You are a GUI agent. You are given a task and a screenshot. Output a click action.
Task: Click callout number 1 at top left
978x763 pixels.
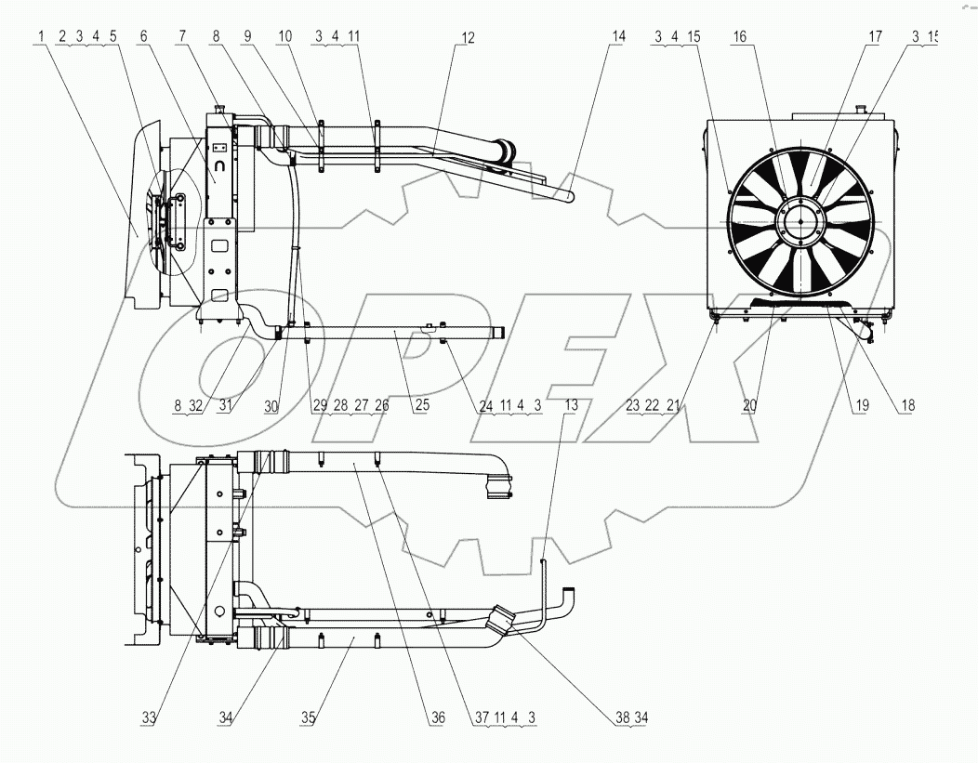(x=42, y=36)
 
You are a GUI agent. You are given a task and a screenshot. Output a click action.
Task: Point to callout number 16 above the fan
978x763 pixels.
(x=739, y=36)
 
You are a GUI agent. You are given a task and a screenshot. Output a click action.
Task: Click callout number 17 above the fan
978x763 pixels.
(x=875, y=36)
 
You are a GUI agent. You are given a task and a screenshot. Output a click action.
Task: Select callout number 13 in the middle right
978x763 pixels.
(x=570, y=406)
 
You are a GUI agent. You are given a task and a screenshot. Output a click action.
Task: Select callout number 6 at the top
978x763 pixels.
(x=144, y=36)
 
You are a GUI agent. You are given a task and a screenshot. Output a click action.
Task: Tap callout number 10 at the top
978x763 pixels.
(x=284, y=36)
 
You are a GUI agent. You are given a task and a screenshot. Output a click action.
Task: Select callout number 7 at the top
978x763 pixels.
(x=183, y=36)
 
